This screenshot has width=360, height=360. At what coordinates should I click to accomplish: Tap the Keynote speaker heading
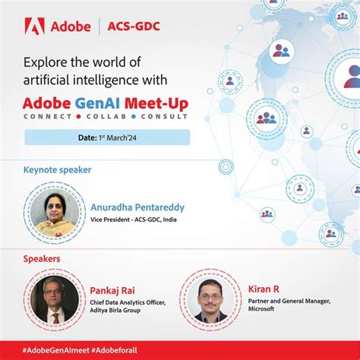pos(57,170)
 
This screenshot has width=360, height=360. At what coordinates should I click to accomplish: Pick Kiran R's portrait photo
pos(210,298)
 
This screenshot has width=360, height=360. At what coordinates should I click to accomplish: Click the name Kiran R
pos(264,289)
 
